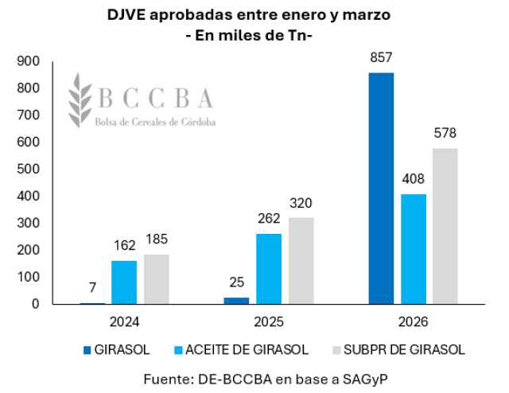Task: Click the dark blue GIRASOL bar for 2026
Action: tap(381, 188)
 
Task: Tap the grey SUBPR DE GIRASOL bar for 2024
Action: tap(157, 278)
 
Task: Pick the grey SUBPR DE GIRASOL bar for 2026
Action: tap(445, 226)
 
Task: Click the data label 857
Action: tap(381, 58)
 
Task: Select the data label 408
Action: tap(414, 180)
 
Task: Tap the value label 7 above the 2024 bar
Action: tap(92, 287)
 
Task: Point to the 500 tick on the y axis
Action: tap(29, 169)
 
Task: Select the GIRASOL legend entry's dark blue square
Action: tap(87, 348)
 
